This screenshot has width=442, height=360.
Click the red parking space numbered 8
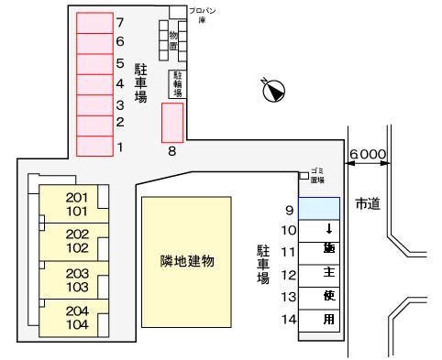pyautogui.click(x=172, y=122)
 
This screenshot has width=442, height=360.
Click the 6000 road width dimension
pyautogui.click(x=368, y=156)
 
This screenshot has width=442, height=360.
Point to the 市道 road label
pyautogui.click(x=367, y=203)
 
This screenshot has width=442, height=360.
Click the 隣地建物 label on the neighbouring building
pyautogui.click(x=186, y=262)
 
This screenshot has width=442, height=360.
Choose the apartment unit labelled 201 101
pyautogui.click(x=76, y=202)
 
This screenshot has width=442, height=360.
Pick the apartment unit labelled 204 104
pyautogui.click(x=76, y=318)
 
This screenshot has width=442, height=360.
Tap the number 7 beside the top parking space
pyautogui.click(x=120, y=21)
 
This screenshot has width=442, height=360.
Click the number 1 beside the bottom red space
pyautogui.click(x=120, y=147)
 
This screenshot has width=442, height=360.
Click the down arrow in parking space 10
pyautogui.click(x=328, y=229)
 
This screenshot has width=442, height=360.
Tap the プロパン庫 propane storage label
pyautogui.click(x=204, y=14)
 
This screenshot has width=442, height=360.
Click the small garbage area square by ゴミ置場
pyautogui.click(x=304, y=175)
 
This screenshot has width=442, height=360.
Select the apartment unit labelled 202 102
pyautogui.click(x=76, y=240)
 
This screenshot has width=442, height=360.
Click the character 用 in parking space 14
pyautogui.click(x=328, y=319)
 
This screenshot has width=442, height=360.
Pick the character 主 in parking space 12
pyautogui.click(x=328, y=273)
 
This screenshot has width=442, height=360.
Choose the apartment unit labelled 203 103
pyautogui.click(x=76, y=279)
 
